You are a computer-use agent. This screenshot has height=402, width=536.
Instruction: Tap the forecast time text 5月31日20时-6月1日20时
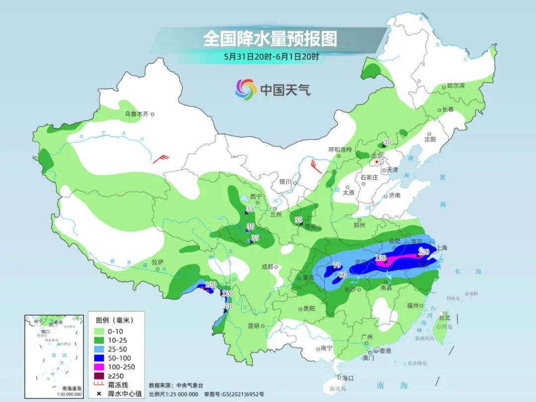(270, 57)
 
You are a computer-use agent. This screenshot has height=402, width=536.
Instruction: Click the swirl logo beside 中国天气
(246, 89)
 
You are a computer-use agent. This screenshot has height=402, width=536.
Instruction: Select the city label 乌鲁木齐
(136, 114)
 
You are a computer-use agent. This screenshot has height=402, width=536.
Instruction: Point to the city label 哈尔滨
(456, 86)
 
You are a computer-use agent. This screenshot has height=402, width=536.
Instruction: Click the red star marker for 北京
(377, 162)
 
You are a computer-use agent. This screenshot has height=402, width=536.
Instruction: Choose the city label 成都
(268, 267)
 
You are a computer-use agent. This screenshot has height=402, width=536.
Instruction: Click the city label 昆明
(253, 326)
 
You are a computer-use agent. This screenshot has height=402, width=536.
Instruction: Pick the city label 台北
(445, 317)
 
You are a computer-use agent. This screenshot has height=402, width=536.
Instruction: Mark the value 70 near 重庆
(336, 265)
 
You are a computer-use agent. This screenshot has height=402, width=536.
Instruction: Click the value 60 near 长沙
(342, 274)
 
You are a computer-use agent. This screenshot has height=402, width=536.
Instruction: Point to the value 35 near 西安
(299, 220)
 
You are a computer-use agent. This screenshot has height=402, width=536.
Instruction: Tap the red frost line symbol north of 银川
(315, 165)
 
